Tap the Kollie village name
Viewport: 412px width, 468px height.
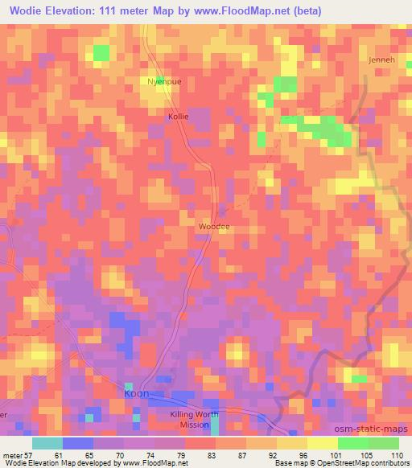click(x=178, y=117)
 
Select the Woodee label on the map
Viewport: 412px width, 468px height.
click(x=214, y=227)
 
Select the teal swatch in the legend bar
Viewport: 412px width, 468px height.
click(x=47, y=443)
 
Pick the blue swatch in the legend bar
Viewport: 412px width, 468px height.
click(x=78, y=443)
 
